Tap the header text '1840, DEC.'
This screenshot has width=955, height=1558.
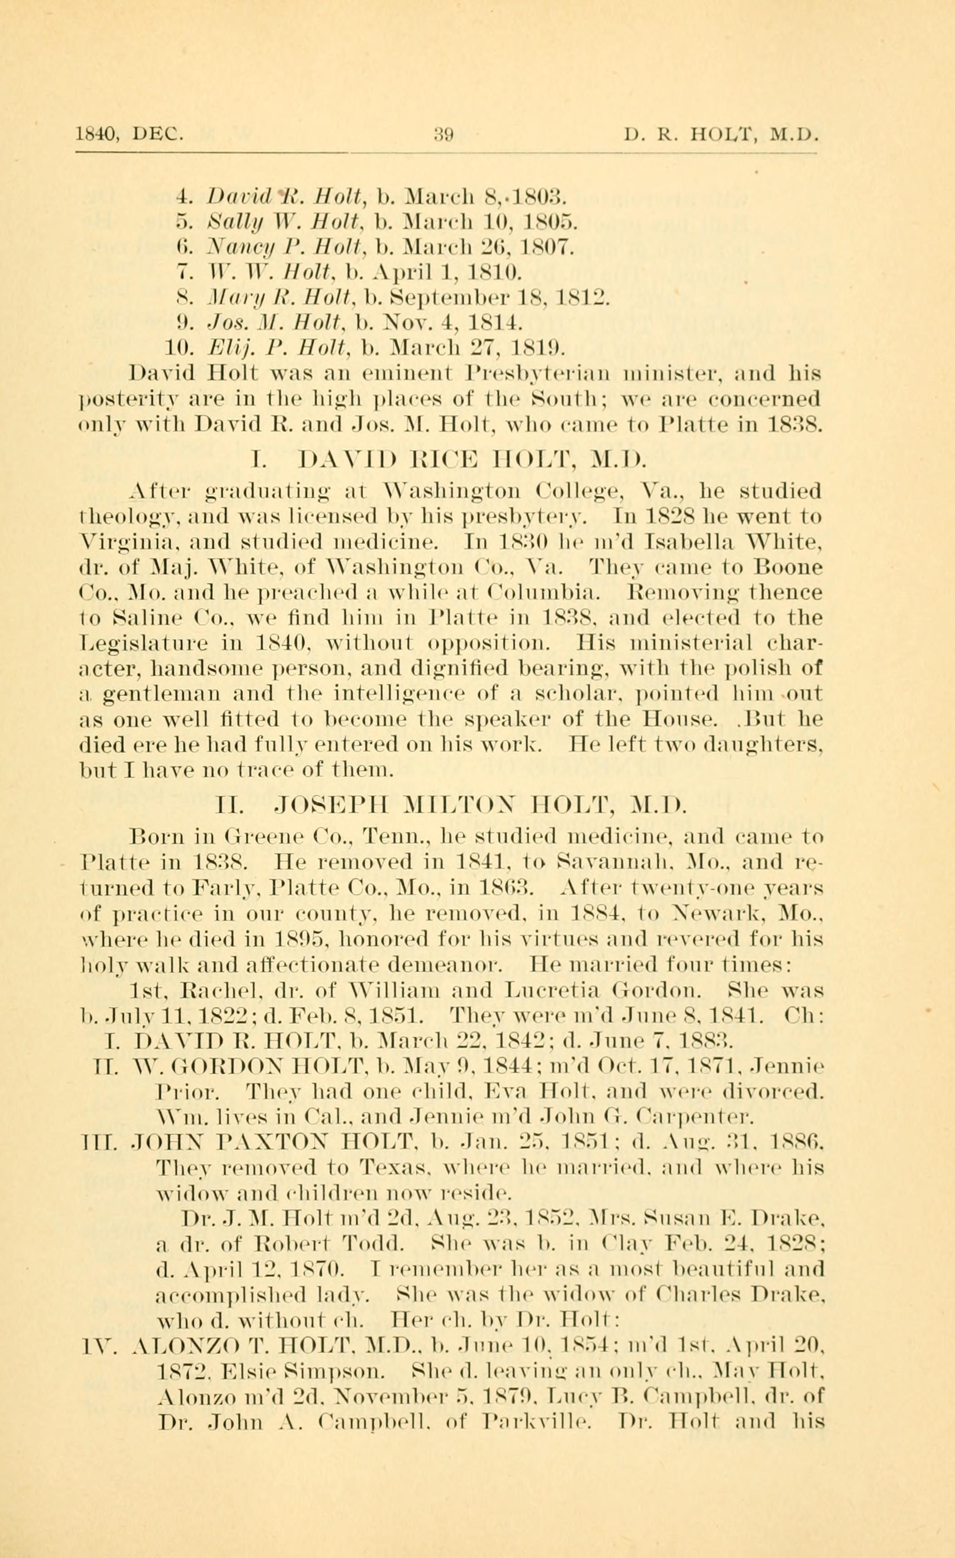(130, 134)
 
